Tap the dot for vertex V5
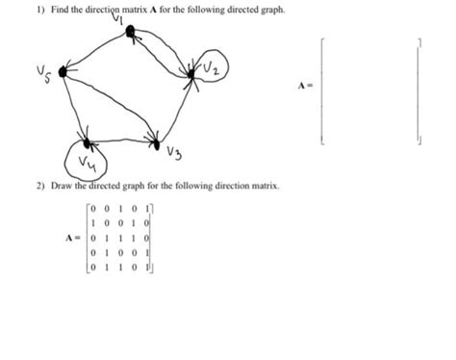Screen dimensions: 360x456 (63, 71)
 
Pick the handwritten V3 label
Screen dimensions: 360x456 (174, 154)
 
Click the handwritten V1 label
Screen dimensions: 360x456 (118, 18)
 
